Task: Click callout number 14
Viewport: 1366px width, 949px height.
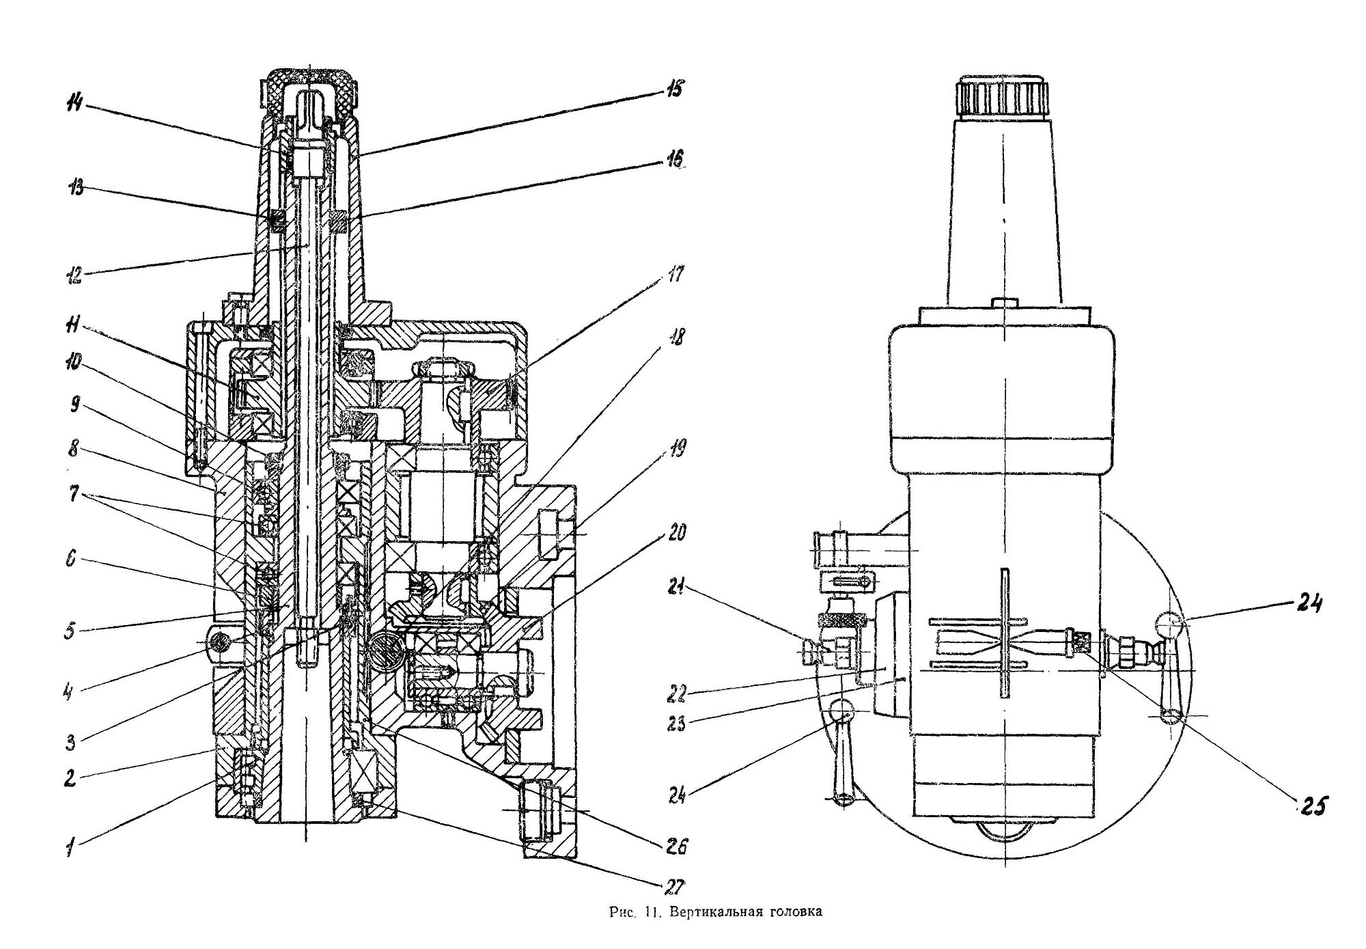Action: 74,103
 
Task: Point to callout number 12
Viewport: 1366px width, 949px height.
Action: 74,275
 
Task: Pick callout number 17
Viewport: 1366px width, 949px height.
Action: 675,275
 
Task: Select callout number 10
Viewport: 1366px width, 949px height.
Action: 72,363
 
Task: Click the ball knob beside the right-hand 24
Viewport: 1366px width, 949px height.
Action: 1170,623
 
